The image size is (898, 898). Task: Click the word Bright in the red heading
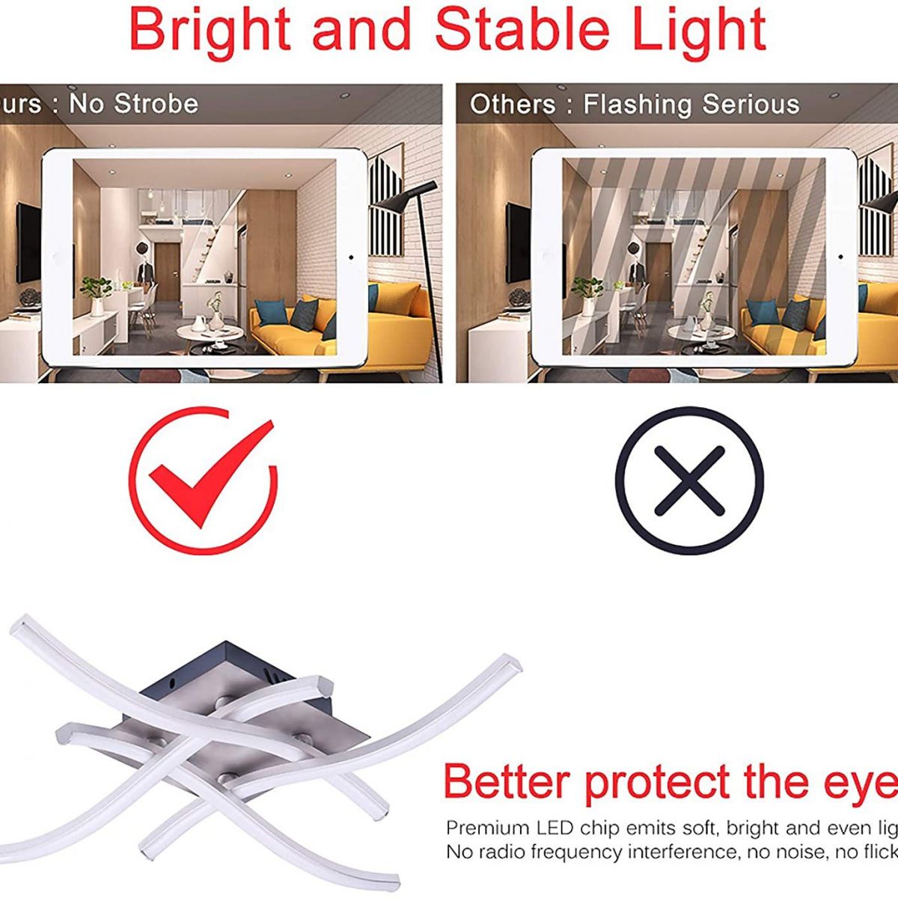(x=210, y=30)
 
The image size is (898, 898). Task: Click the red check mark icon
(x=203, y=479)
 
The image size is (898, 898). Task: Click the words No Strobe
(x=134, y=103)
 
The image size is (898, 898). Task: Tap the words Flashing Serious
(x=691, y=104)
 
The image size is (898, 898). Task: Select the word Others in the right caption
(x=513, y=104)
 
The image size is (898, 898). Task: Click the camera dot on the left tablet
(x=351, y=257)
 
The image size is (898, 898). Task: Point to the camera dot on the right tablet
(x=840, y=257)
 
